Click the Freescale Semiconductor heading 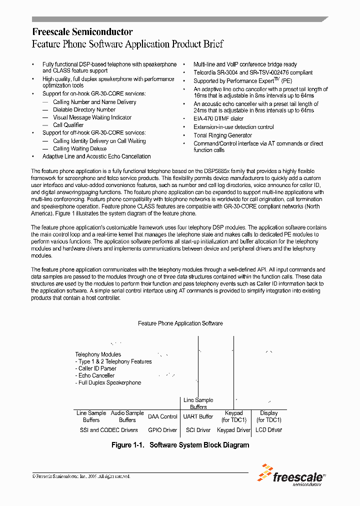82,32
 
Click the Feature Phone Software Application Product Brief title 127,44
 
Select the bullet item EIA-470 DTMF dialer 218,119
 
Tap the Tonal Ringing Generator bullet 222,135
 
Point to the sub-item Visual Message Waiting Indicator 92,117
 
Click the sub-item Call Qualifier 68,125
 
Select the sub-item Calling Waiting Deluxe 79,148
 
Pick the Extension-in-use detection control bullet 233,127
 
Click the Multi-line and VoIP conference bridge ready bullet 245,64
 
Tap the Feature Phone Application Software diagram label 180,323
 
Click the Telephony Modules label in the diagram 98,354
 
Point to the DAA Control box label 162,416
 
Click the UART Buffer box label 198,416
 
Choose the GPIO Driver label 162,430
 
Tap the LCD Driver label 269,430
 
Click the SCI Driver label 198,430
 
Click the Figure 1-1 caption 180,445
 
